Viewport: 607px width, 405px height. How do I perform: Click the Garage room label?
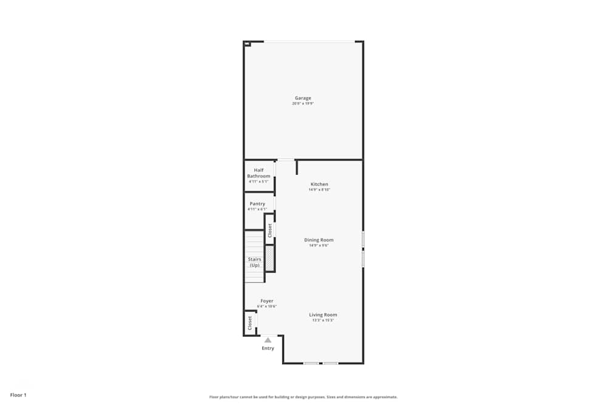tap(303, 98)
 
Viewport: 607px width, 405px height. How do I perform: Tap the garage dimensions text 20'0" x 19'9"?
tap(303, 104)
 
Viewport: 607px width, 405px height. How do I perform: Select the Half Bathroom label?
tap(259, 173)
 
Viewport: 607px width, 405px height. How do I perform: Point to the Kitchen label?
tap(319, 184)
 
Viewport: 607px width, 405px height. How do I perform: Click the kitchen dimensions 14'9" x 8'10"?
tap(319, 189)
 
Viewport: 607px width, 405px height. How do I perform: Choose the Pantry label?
tap(257, 203)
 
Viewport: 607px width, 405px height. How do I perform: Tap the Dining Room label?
tap(319, 240)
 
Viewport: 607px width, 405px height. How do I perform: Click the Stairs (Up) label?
tap(254, 262)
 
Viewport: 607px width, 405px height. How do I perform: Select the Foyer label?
tap(266, 301)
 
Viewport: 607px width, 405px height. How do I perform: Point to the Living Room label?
tap(323, 315)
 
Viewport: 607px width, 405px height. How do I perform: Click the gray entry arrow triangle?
tap(268, 340)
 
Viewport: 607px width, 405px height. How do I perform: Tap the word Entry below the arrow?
tap(268, 349)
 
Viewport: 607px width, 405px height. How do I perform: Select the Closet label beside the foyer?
tap(249, 323)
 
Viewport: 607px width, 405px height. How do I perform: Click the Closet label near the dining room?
tap(270, 230)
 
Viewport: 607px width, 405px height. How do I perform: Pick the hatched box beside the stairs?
tap(270, 259)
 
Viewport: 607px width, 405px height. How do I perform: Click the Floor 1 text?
tap(18, 395)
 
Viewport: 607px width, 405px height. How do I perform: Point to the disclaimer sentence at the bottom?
tap(303, 397)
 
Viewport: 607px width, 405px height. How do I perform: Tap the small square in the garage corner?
tap(246, 44)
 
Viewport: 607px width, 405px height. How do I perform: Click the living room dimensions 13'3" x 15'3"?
tap(323, 320)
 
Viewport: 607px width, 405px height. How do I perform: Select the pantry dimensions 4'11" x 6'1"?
tap(257, 209)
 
